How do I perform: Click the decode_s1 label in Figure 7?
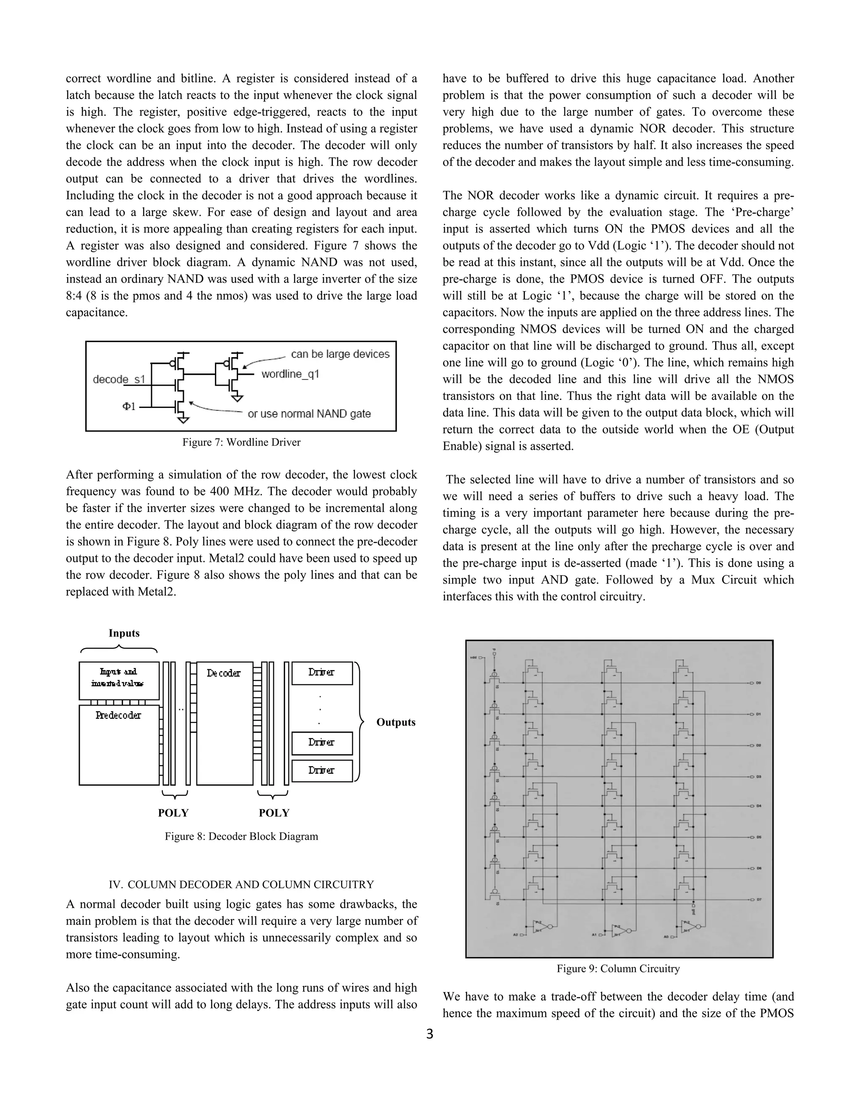pyautogui.click(x=119, y=379)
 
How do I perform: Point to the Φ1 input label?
pyautogui.click(x=129, y=406)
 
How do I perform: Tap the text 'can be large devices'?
pyautogui.click(x=340, y=354)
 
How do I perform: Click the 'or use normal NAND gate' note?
pyautogui.click(x=309, y=414)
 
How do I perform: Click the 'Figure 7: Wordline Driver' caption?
pyautogui.click(x=241, y=442)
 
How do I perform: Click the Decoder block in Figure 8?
pyautogui.click(x=224, y=723)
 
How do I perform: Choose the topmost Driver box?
pyautogui.click(x=322, y=673)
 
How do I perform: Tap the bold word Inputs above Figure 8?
pyautogui.click(x=124, y=633)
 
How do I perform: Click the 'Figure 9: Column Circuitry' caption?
pyautogui.click(x=618, y=968)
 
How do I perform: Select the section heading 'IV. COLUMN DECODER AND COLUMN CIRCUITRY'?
pyautogui.click(x=241, y=885)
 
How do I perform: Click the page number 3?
pyautogui.click(x=430, y=1034)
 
